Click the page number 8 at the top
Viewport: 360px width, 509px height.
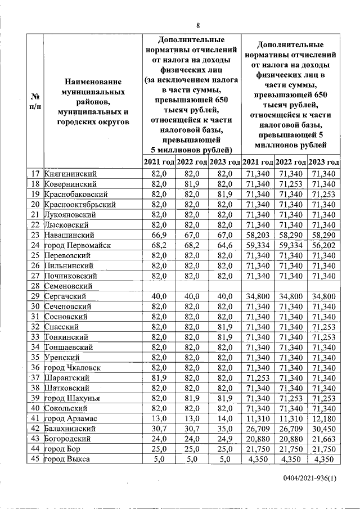(x=198, y=25)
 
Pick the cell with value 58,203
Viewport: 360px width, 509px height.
(x=258, y=235)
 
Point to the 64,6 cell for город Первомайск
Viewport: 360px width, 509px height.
(x=224, y=245)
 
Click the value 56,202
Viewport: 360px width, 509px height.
(x=326, y=245)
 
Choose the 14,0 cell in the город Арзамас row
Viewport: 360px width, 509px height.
(x=224, y=419)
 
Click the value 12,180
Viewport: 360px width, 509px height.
(x=326, y=419)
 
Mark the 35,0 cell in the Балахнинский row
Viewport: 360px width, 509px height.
(x=224, y=429)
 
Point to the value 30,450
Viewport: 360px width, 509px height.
(x=326, y=429)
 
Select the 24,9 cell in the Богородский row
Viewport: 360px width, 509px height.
(x=224, y=439)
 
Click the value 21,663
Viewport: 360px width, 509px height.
(x=326, y=439)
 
